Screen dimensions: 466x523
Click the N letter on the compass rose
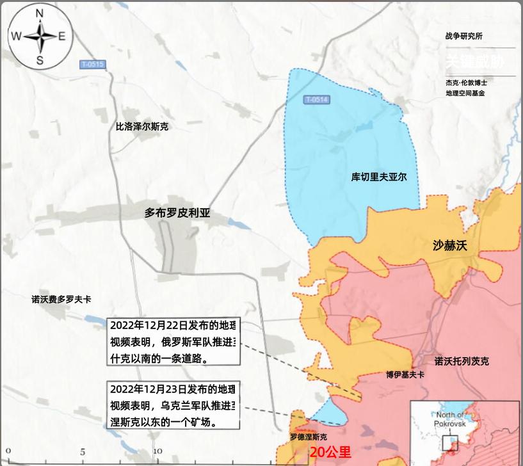[x=39, y=13]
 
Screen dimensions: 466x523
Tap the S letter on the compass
[x=40, y=60]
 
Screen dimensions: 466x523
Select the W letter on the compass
[x=16, y=36]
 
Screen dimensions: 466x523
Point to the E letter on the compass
[x=62, y=36]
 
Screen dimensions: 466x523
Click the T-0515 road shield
[x=92, y=65]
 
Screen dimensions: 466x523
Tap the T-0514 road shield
[x=316, y=99]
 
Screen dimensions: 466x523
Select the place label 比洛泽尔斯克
[x=141, y=127]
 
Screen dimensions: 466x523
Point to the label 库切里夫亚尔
[x=379, y=177]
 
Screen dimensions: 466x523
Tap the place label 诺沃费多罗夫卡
[x=61, y=299]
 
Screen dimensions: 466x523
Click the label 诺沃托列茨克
[x=462, y=361]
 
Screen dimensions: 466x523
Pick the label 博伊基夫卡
[x=405, y=374]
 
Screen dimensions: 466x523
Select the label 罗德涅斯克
[x=308, y=437]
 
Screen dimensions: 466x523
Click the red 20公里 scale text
[x=330, y=452]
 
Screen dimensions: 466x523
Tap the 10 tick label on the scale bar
[x=157, y=451]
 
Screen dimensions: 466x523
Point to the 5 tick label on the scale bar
[x=83, y=451]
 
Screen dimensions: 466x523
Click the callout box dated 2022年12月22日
[x=173, y=342]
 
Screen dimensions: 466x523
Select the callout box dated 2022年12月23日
[x=173, y=405]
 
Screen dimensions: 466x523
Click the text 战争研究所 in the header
[x=464, y=36]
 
